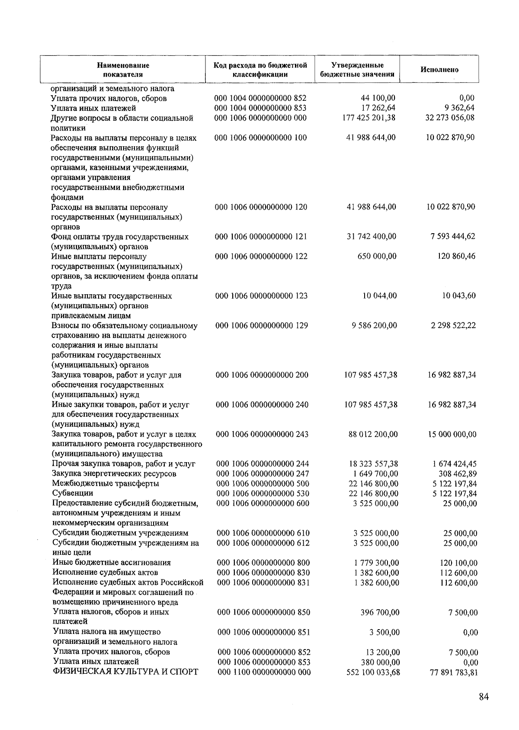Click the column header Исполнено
[x=439, y=70]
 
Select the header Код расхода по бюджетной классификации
[x=260, y=70]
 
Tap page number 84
[x=484, y=697]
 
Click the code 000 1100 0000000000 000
[x=263, y=672]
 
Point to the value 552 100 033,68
[x=373, y=672]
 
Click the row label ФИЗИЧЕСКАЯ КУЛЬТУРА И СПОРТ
[x=125, y=672]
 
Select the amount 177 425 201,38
[x=368, y=118]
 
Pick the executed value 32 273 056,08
[x=450, y=118]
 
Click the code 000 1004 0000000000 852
[x=260, y=98]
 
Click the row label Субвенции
[x=72, y=493]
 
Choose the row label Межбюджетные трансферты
[x=105, y=483]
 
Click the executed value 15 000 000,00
[x=452, y=434]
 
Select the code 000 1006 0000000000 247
[x=263, y=474]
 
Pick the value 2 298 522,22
[x=453, y=325]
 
